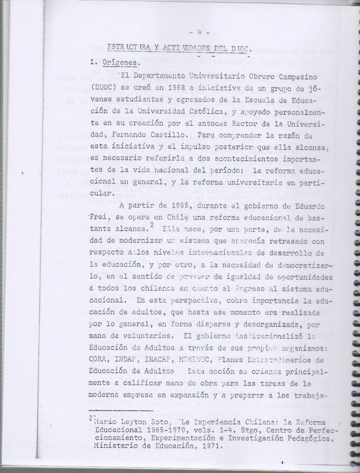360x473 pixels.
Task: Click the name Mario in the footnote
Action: click(105, 422)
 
